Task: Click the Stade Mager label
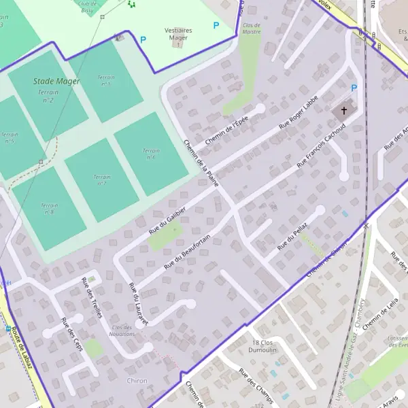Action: [56, 82]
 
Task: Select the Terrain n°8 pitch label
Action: [49, 208]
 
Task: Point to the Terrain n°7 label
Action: [101, 180]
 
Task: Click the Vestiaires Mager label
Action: [178, 34]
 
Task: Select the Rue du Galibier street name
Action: [167, 219]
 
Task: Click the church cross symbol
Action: [344, 110]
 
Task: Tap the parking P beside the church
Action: [354, 88]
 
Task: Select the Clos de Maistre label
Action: [252, 29]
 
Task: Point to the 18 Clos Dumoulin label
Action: [265, 346]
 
